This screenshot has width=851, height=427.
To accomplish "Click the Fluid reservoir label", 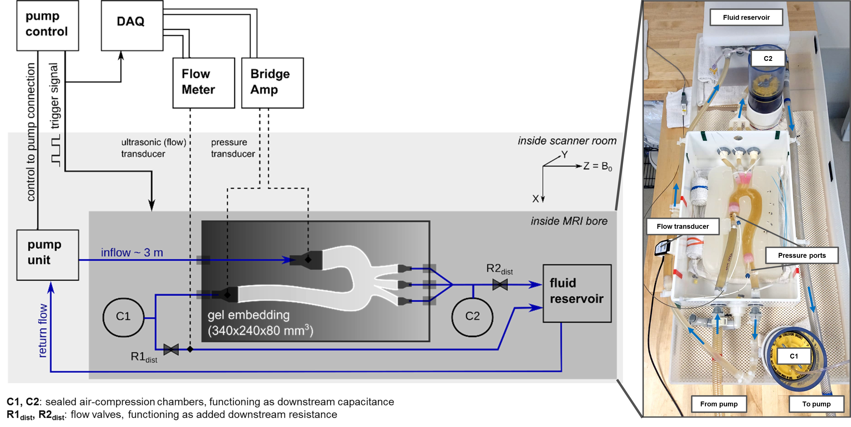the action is pyautogui.click(x=746, y=17).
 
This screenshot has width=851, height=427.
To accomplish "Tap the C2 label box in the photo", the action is pyautogui.click(x=768, y=58).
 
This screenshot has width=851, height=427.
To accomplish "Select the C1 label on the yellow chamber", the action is pyautogui.click(x=794, y=356).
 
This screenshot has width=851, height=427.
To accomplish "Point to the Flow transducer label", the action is pyautogui.click(x=683, y=226).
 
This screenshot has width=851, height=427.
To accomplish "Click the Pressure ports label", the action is pyautogui.click(x=801, y=255).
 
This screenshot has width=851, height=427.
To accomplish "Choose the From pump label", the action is pyautogui.click(x=719, y=404).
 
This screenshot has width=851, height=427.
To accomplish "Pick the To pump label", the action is pyautogui.click(x=816, y=404).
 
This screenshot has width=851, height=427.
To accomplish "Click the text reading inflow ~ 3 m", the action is pyautogui.click(x=132, y=253).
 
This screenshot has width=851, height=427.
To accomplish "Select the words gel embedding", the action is pyautogui.click(x=249, y=315).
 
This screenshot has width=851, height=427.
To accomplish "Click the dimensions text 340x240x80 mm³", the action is pyautogui.click(x=260, y=330).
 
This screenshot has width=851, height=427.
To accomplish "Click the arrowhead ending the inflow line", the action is pyautogui.click(x=287, y=260).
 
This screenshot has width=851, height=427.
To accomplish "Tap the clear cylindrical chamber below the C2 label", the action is pyautogui.click(x=766, y=89).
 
